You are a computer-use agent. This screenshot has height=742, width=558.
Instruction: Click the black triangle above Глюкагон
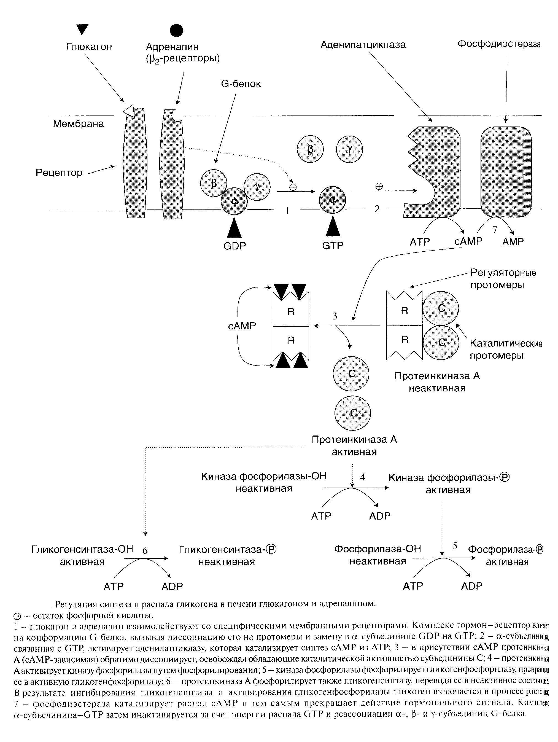click(x=82, y=29)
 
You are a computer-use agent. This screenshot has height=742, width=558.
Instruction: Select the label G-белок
click(x=241, y=84)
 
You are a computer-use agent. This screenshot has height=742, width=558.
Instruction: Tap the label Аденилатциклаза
click(x=363, y=45)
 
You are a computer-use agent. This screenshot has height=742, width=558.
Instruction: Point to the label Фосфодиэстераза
click(x=499, y=44)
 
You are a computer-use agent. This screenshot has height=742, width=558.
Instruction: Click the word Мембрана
click(x=79, y=124)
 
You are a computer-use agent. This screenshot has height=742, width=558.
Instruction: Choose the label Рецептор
click(x=59, y=173)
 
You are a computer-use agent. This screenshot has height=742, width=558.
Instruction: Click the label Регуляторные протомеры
click(x=503, y=279)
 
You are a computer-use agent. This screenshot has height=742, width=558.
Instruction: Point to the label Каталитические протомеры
click(x=506, y=349)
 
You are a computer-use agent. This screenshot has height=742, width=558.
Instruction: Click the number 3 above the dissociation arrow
click(x=335, y=316)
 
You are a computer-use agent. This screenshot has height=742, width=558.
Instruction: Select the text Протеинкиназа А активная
click(x=354, y=445)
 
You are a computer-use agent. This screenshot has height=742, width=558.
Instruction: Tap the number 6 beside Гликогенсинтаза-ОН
click(x=145, y=550)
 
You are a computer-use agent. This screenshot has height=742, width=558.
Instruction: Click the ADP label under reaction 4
click(x=380, y=516)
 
